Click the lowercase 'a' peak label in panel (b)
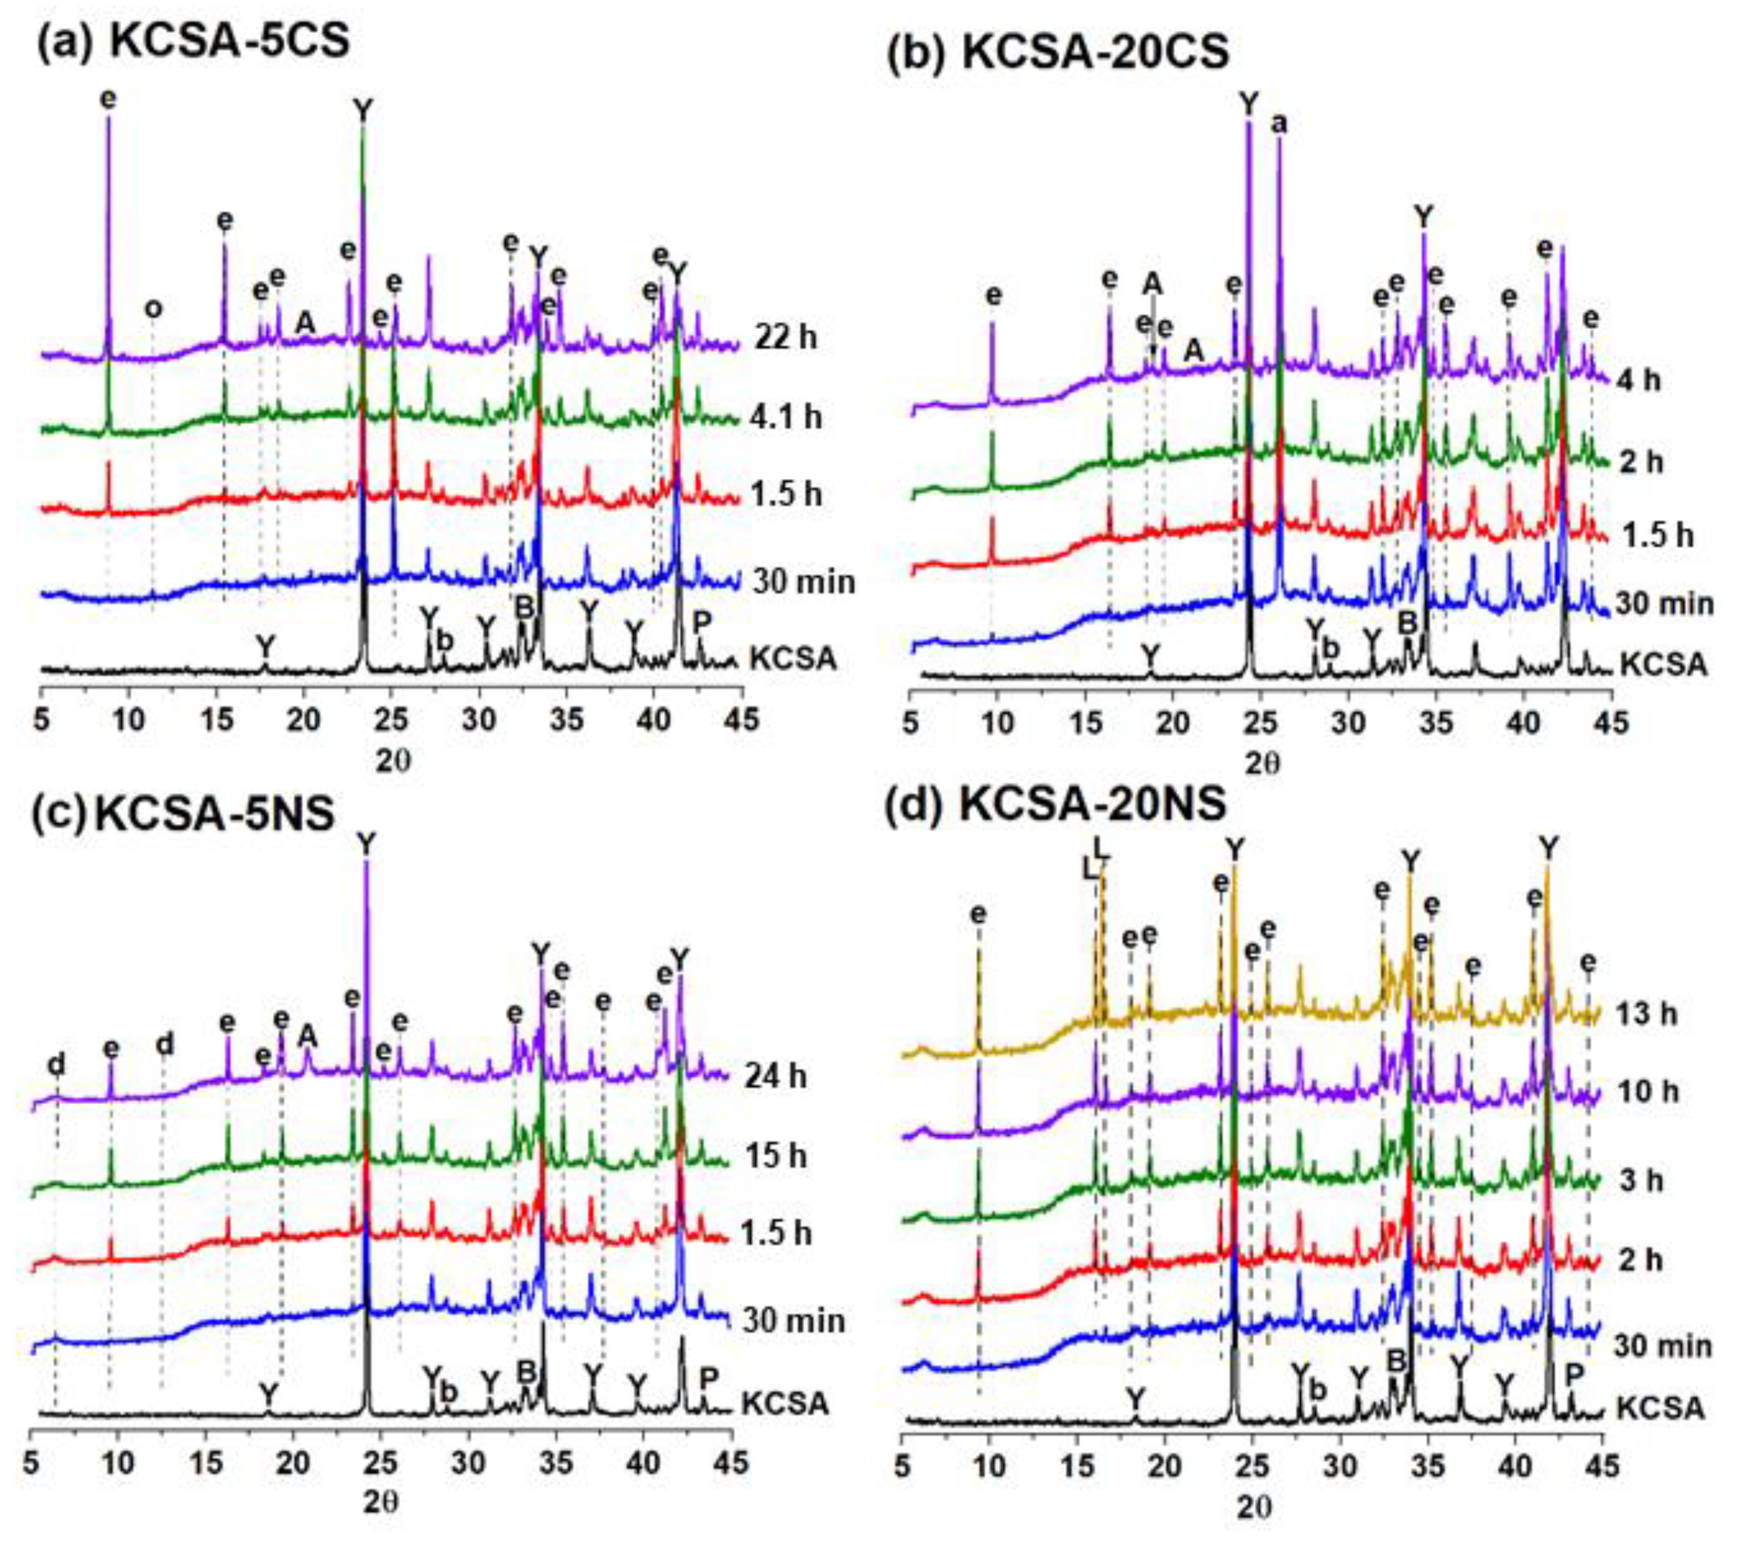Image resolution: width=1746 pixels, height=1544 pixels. [1279, 124]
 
